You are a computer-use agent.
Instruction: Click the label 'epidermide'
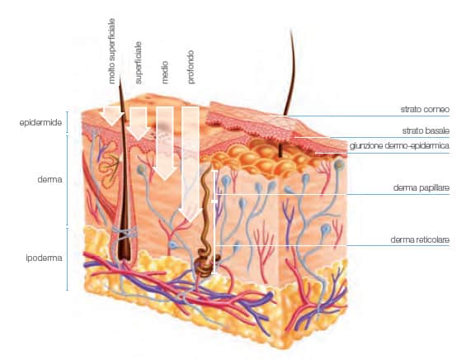[40, 123]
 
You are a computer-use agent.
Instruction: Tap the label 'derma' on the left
[49, 179]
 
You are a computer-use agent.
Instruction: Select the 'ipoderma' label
[45, 258]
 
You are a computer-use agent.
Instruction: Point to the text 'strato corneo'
[425, 109]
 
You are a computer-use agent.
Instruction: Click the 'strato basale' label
[426, 130]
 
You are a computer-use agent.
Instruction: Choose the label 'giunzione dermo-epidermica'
[399, 146]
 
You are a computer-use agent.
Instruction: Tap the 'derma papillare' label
[422, 188]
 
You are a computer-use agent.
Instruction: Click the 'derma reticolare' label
[420, 239]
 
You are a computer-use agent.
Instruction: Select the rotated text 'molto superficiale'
[111, 51]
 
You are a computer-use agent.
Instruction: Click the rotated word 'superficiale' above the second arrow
[139, 63]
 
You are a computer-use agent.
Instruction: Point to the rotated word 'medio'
[165, 73]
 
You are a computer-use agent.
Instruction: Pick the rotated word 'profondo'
[191, 67]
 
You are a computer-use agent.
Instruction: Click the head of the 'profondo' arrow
[191, 214]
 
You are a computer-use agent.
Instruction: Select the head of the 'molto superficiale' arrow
[111, 119]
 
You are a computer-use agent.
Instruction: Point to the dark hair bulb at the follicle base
[124, 250]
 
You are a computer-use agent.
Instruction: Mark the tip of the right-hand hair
[291, 30]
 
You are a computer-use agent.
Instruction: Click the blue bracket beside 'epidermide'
[67, 122]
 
